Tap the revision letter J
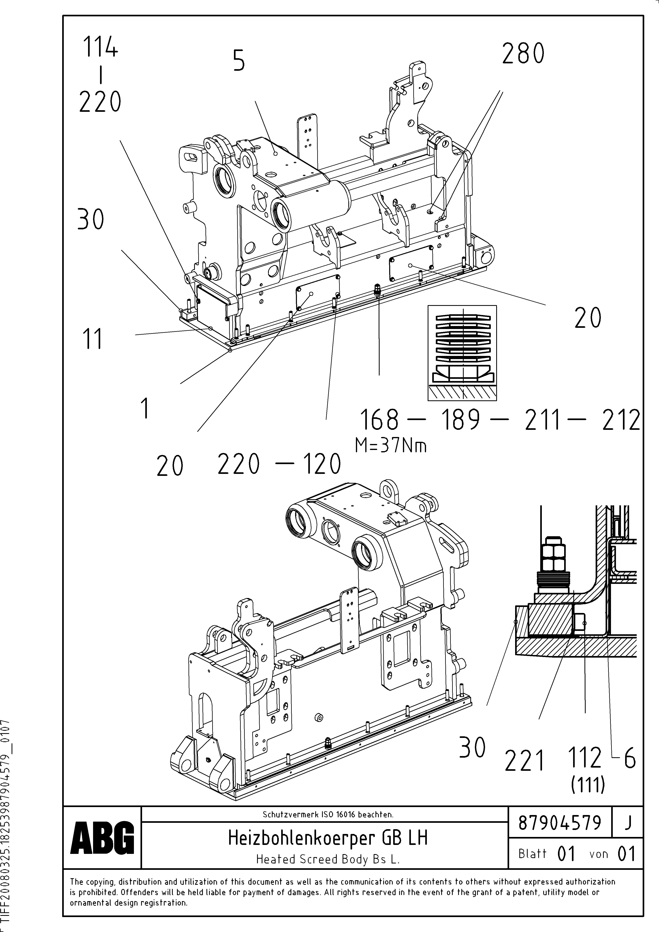click(628, 823)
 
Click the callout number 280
click(523, 54)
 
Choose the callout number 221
click(524, 761)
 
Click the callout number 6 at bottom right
click(629, 758)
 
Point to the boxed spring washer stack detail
click(462, 353)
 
